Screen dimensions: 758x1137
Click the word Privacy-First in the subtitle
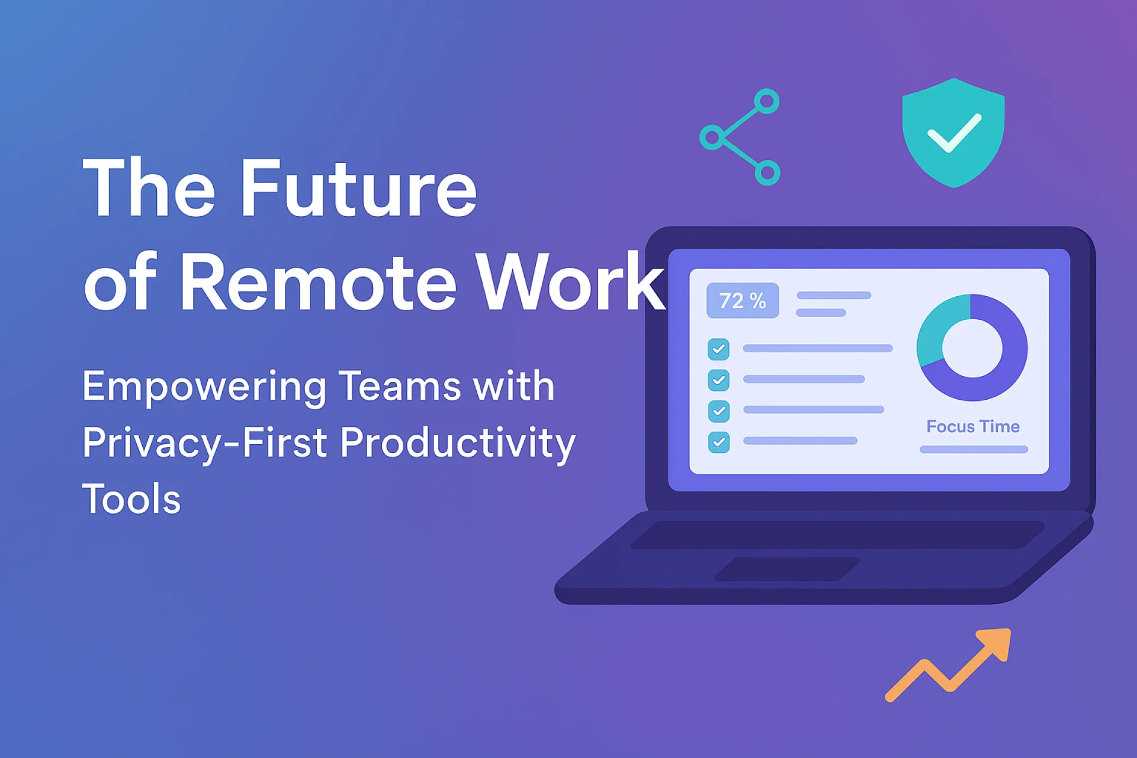point(205,443)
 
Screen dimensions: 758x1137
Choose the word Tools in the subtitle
point(131,499)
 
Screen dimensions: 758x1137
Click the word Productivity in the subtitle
point(457,443)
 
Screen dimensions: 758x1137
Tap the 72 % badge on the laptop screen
point(743,301)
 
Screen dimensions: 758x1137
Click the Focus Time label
point(973,426)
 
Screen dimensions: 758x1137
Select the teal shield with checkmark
point(953,133)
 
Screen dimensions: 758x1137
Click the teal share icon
point(740,137)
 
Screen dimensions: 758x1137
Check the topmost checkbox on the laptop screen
point(718,349)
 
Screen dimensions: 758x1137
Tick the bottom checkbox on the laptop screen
point(719,442)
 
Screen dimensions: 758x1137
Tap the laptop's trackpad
point(788,569)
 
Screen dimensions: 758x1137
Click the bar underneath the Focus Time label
point(974,449)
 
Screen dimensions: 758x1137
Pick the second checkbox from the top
point(718,380)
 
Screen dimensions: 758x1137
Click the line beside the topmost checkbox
point(817,349)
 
